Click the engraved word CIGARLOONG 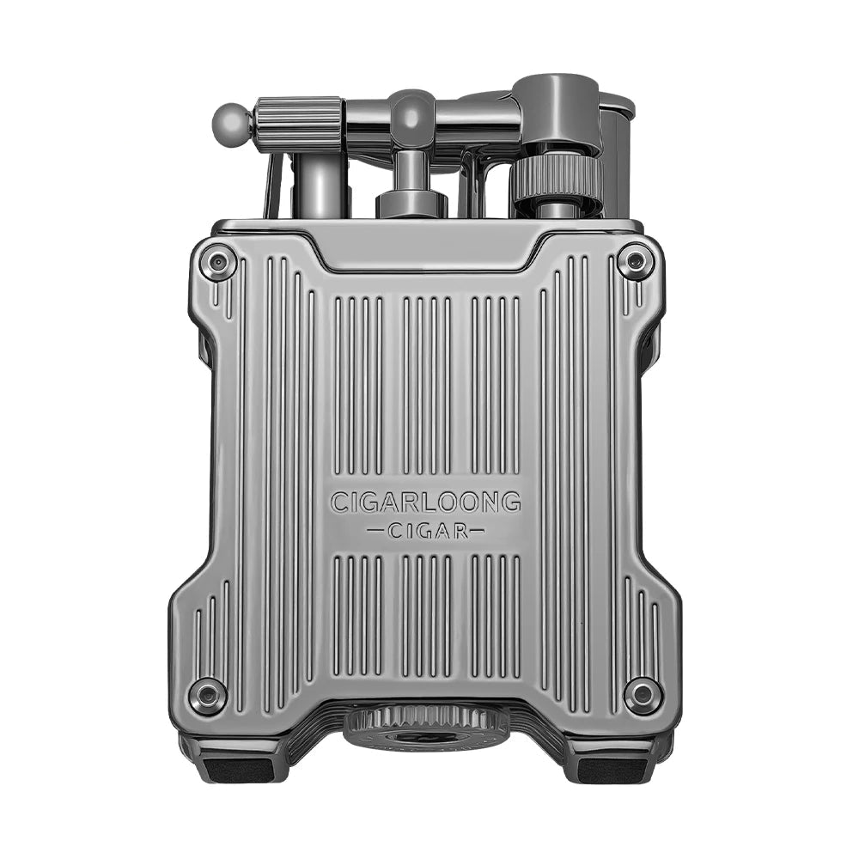tap(425, 502)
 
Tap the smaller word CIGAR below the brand tap(426, 531)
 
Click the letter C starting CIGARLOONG tap(338, 502)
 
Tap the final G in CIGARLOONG tap(512, 502)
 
